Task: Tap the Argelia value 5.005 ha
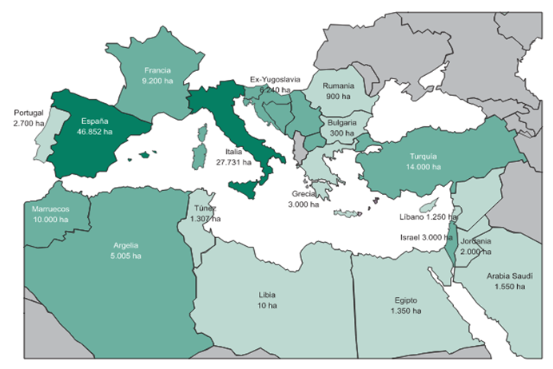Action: [125, 256]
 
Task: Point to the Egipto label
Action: [405, 300]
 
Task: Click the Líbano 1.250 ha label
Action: [428, 216]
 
